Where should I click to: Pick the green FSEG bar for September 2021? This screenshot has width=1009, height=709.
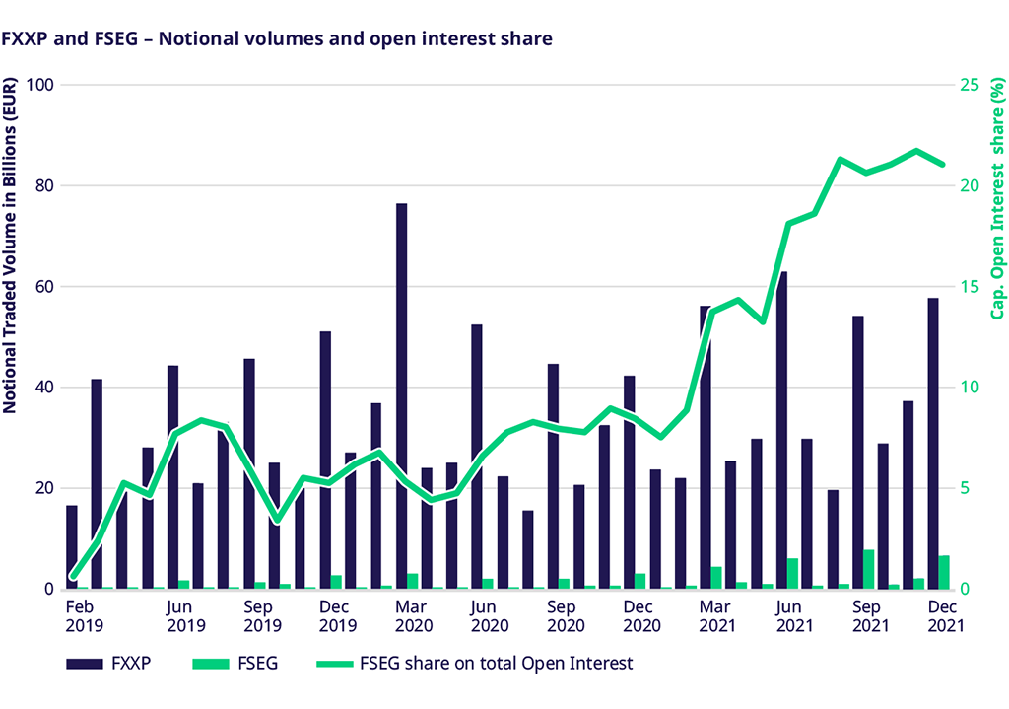click(869, 570)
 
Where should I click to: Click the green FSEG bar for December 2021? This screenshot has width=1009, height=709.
click(945, 573)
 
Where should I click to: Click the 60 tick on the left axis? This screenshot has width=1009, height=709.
click(43, 287)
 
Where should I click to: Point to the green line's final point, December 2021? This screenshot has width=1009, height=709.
click(942, 164)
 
